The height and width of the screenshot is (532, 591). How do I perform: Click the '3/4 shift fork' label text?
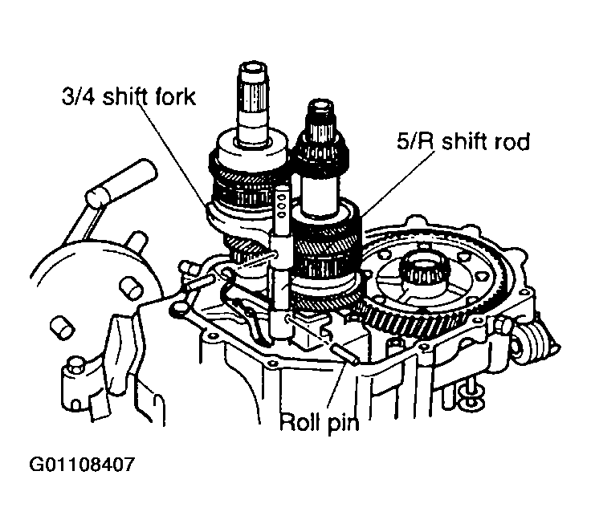[128, 96]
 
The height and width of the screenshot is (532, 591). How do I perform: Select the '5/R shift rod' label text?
[463, 142]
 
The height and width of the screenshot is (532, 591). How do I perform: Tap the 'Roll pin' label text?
[320, 423]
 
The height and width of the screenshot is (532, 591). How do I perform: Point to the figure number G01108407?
[81, 465]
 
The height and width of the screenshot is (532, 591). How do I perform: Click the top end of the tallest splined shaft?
[253, 68]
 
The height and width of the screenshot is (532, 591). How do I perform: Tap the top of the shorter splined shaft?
[321, 105]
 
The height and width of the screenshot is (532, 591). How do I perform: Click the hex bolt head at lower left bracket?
[73, 363]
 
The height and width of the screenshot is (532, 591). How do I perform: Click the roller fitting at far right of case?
[527, 346]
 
